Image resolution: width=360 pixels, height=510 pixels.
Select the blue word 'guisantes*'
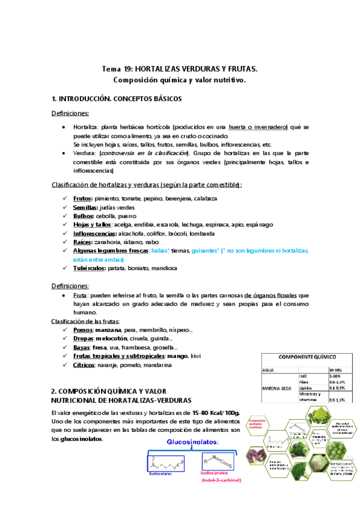(207, 250)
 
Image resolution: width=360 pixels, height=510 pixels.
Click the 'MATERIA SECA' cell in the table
(276, 388)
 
